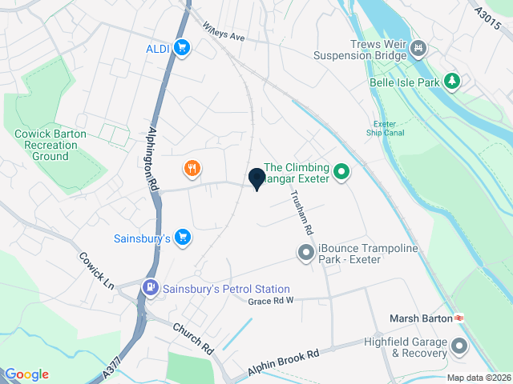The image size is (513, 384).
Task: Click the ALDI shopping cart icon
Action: [183, 48]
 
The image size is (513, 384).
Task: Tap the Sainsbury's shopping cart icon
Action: [184, 237]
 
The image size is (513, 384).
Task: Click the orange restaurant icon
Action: [191, 168]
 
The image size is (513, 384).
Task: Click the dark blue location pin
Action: [257, 179]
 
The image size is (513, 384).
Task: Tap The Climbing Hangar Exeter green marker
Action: [342, 171]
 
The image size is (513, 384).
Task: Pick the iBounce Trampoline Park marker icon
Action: [305, 254]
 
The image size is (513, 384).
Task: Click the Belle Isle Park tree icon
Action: [454, 81]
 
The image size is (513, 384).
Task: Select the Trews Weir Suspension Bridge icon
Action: [418, 50]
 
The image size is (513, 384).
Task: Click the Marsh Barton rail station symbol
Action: [460, 318]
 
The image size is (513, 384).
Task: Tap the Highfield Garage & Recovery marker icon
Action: [459, 346]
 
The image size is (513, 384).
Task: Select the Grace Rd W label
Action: [271, 301]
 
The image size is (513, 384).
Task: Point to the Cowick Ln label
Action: [97, 270]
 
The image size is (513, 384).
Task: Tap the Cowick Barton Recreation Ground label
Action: [50, 145]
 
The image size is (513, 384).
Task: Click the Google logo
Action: [26, 374]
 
